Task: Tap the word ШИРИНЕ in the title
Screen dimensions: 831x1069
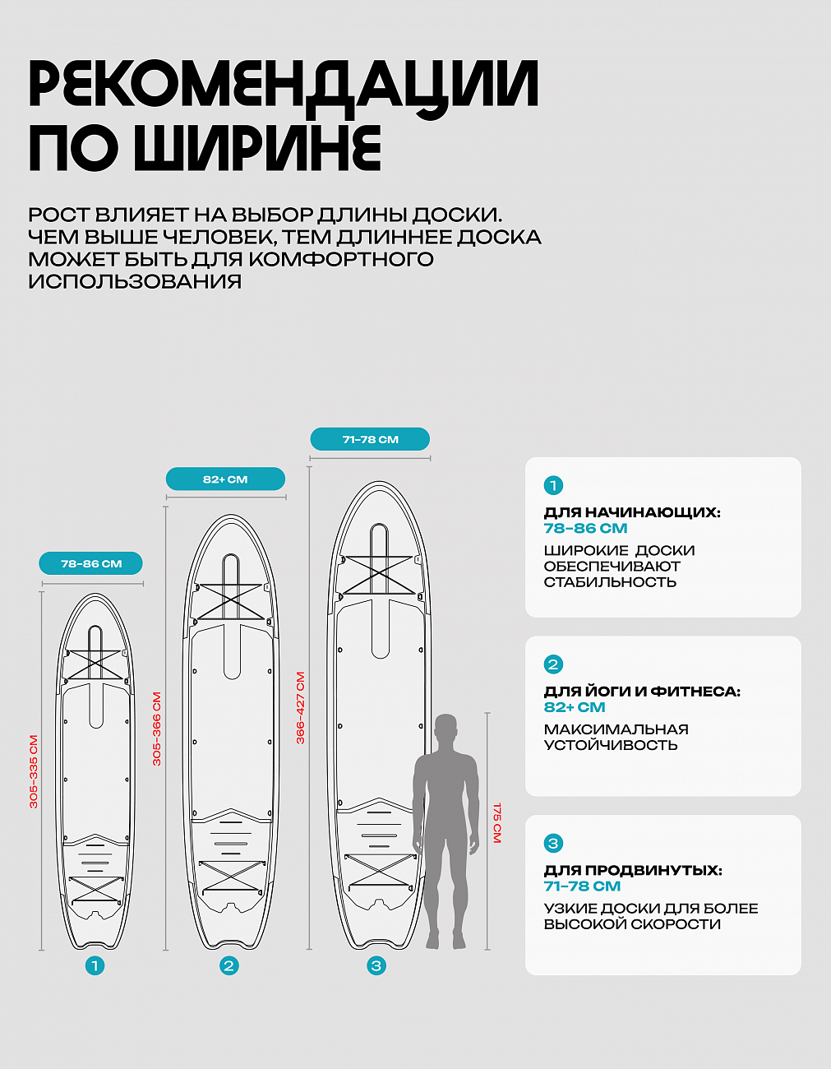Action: (x=258, y=147)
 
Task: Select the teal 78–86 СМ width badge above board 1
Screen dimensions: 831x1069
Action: (x=91, y=563)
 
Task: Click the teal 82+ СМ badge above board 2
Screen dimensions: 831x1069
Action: (x=225, y=479)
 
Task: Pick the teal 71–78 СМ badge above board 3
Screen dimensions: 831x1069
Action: (x=370, y=439)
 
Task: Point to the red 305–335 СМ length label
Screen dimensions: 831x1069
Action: (x=34, y=771)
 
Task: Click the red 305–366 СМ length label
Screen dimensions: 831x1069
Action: (x=157, y=729)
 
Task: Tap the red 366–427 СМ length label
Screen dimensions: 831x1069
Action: (x=301, y=708)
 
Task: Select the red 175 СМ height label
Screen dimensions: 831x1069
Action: (x=497, y=823)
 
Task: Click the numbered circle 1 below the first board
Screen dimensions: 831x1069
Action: (x=95, y=965)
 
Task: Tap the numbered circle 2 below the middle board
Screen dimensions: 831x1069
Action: (x=229, y=965)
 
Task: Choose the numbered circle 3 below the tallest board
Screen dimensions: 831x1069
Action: (x=376, y=965)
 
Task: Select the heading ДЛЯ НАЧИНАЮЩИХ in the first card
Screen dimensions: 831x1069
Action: (x=632, y=512)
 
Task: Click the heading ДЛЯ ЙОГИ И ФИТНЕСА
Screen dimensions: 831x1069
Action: (x=642, y=692)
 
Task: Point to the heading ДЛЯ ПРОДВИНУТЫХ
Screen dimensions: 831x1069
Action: (x=633, y=870)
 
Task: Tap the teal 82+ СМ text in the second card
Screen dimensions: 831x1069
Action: (x=575, y=707)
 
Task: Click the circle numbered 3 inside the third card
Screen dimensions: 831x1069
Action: (x=553, y=843)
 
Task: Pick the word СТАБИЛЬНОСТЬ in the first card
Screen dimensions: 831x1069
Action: (x=610, y=582)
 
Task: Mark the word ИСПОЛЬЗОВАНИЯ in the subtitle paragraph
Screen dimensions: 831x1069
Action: (x=135, y=281)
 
